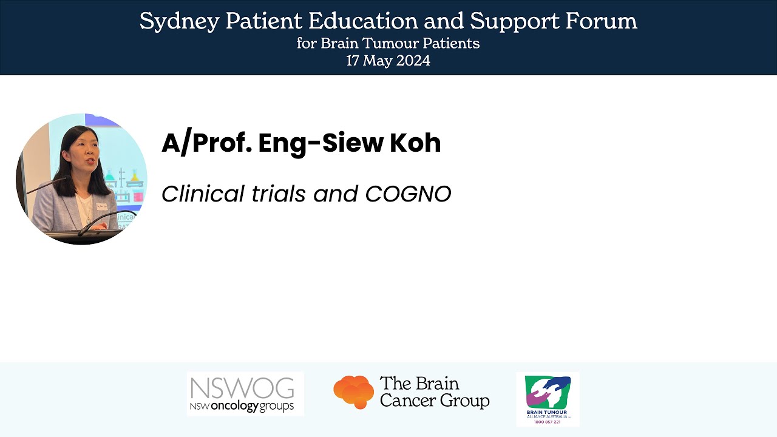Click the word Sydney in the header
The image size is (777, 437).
point(180,22)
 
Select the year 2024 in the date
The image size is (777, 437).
point(413,61)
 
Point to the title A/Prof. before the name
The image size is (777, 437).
point(206,143)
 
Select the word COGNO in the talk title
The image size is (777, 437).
point(408,194)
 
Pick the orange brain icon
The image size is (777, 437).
point(353,392)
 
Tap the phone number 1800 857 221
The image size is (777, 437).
point(548,422)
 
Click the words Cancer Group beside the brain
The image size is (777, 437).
point(434,401)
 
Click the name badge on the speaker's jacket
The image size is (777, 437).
point(101,207)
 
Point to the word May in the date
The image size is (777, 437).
point(379,61)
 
